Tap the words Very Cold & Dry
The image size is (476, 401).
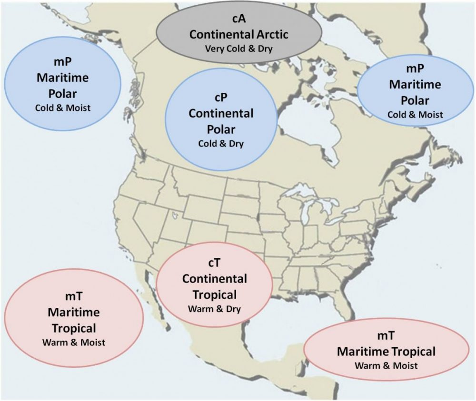pyautogui.click(x=238, y=48)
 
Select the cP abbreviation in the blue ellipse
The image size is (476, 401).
pyautogui.click(x=221, y=98)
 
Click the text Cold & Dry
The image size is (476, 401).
pyautogui.click(x=221, y=143)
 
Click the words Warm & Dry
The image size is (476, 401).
pyautogui.click(x=214, y=309)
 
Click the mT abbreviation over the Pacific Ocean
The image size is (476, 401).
pyautogui.click(x=73, y=297)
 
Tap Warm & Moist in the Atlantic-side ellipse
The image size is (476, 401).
pyautogui.click(x=386, y=365)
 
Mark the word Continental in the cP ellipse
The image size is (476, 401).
pyautogui.click(x=221, y=114)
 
